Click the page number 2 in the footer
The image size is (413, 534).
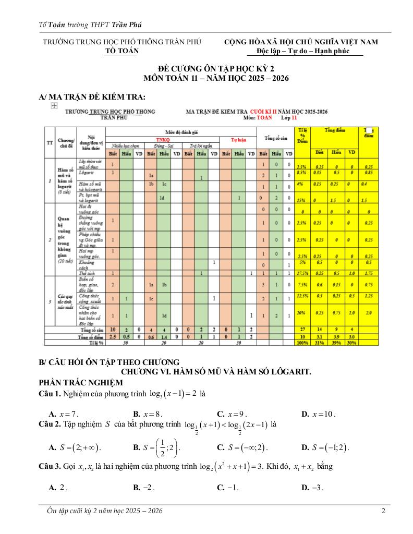pos(383,511)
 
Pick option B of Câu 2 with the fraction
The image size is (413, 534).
pos(156,447)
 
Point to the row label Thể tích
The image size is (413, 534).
pos(86,273)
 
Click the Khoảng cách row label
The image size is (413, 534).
pos(86,264)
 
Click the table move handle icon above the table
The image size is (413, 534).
pos(53,105)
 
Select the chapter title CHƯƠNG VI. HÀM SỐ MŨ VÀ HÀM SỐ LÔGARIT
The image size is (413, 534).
pos(216,372)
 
